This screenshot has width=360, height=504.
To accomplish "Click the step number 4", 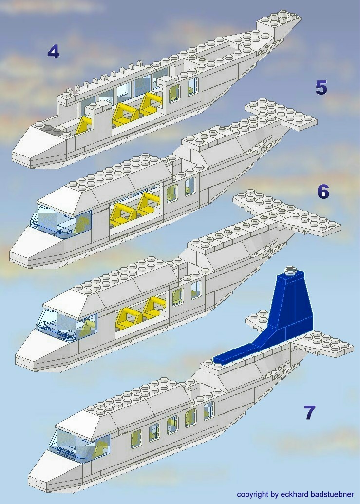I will (x=53, y=52).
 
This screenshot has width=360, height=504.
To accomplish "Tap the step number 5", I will (x=321, y=87).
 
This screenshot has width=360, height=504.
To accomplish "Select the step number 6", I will (x=323, y=192).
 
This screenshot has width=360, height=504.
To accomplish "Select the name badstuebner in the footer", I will (x=332, y=494).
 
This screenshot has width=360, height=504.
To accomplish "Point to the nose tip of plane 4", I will (x=15, y=156).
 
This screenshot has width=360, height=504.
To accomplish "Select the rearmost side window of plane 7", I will (x=208, y=410).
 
